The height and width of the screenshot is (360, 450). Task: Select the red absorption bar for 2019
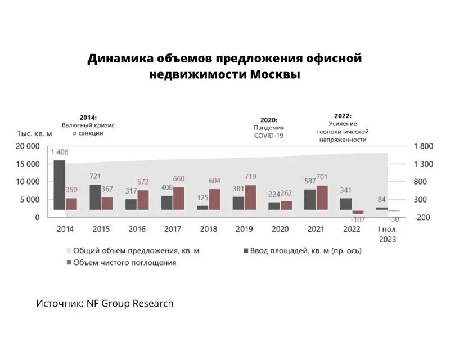click(250, 197)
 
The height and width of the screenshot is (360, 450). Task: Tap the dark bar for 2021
click(310, 199)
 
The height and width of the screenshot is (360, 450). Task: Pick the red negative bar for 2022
click(358, 212)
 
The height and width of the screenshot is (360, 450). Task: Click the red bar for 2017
click(179, 198)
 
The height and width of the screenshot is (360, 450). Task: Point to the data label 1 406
click(60, 152)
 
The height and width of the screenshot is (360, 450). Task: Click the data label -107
click(357, 219)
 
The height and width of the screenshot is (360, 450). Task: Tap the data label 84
click(381, 200)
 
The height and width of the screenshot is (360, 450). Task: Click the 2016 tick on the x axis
click(137, 229)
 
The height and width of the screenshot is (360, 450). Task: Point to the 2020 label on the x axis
click(280, 229)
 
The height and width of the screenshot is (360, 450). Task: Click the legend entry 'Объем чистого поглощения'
click(124, 263)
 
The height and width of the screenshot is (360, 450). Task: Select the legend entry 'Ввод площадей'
click(307, 250)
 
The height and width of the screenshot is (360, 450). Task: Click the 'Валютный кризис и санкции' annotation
click(84, 129)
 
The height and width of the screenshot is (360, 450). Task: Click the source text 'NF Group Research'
click(130, 303)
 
